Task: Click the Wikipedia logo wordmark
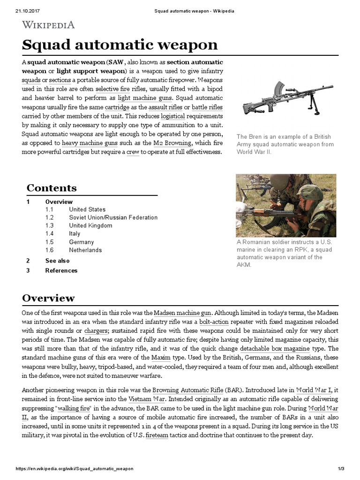(x=48, y=24)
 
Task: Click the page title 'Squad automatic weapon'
(x=120, y=45)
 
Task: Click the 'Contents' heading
(x=52, y=188)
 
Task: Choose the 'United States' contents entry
(x=87, y=210)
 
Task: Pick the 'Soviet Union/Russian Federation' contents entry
(x=113, y=217)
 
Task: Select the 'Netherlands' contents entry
(x=85, y=250)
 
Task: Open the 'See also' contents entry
(x=57, y=261)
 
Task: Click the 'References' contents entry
(x=61, y=270)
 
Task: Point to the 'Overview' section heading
(x=48, y=298)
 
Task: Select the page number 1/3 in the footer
(x=341, y=469)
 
